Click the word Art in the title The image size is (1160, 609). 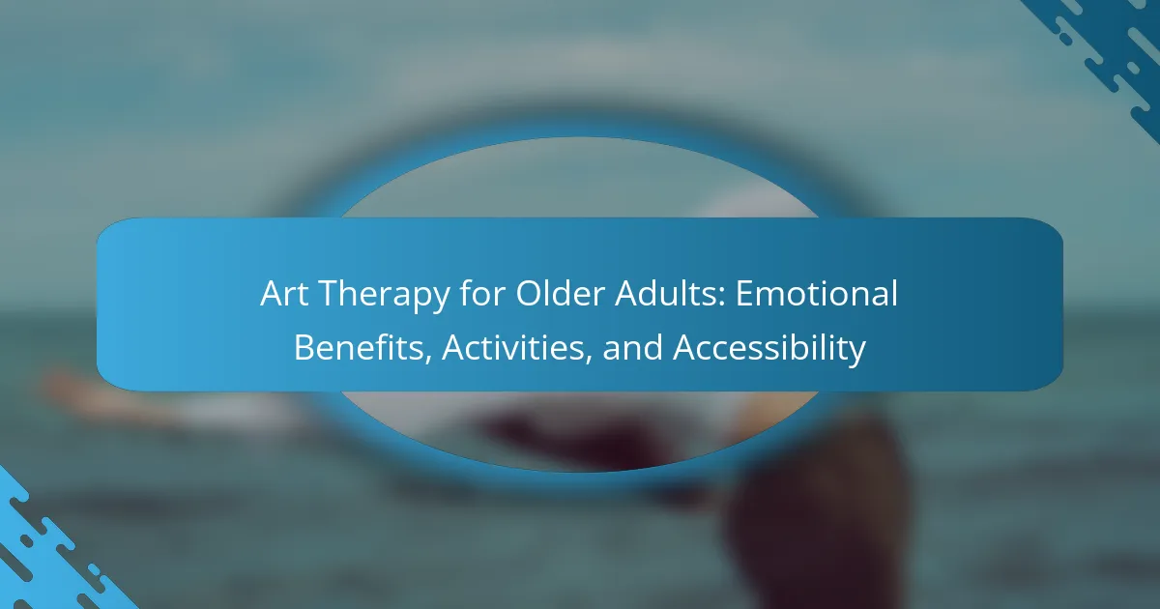point(284,294)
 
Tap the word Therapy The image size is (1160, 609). point(385,296)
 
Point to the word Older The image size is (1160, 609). point(561,293)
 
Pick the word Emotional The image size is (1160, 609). point(817,293)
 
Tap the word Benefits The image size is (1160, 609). point(363,347)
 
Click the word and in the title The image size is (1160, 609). point(632,347)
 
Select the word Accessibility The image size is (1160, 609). point(769,349)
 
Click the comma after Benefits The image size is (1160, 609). point(429,359)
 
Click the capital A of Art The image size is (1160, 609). point(272,294)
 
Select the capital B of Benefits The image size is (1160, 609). point(304,348)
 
